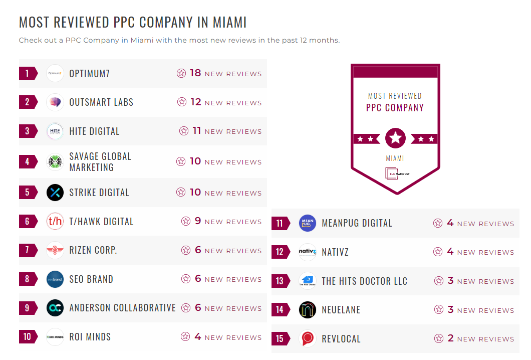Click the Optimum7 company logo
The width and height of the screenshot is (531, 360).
pyautogui.click(x=55, y=73)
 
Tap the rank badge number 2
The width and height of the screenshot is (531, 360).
pyautogui.click(x=28, y=102)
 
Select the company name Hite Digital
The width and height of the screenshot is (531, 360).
pyautogui.click(x=94, y=131)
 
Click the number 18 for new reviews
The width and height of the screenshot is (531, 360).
pyautogui.click(x=195, y=73)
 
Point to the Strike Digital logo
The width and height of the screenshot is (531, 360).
pyautogui.click(x=55, y=193)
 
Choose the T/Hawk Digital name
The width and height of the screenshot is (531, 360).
pyautogui.click(x=101, y=222)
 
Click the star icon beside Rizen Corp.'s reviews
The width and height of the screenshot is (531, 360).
pyautogui.click(x=186, y=250)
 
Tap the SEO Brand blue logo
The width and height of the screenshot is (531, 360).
pyautogui.click(x=55, y=279)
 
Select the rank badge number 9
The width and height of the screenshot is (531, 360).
pyautogui.click(x=28, y=308)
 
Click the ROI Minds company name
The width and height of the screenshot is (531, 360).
pyautogui.click(x=90, y=337)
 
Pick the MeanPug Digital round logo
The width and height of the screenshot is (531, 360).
pyautogui.click(x=307, y=223)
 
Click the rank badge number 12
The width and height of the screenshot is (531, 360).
pyautogui.click(x=280, y=252)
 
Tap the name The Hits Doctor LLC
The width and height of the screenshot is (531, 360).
pyautogui.click(x=364, y=281)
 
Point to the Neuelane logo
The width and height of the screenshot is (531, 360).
pyautogui.click(x=307, y=310)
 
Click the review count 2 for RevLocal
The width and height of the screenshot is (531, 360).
pyautogui.click(x=450, y=338)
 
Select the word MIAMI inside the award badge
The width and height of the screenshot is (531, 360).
pyautogui.click(x=395, y=158)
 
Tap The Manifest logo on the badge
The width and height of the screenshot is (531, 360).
pyautogui.click(x=395, y=173)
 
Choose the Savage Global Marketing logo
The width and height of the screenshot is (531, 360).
pyautogui.click(x=55, y=162)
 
